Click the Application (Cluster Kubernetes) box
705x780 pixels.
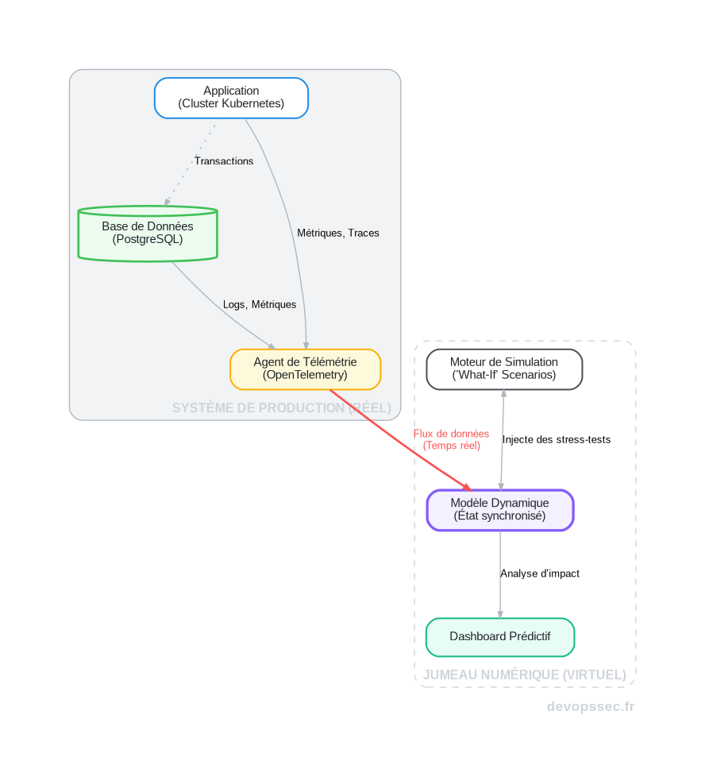(x=231, y=98)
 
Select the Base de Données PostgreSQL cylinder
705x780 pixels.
(x=148, y=234)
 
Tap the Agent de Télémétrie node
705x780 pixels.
(x=306, y=369)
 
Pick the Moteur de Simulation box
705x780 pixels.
(x=504, y=369)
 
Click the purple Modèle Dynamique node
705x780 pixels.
(x=499, y=509)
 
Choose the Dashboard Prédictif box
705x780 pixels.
(x=500, y=636)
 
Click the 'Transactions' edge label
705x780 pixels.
(x=224, y=161)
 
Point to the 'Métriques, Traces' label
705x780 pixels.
(x=338, y=234)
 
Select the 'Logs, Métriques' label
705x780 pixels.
(x=260, y=305)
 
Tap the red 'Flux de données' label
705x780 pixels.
(x=451, y=439)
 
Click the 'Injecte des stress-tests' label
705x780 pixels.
(x=557, y=440)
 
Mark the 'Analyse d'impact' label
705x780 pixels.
(x=540, y=573)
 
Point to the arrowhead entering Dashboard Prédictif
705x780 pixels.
(x=500, y=613)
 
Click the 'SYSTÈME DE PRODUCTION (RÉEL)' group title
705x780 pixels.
(x=282, y=408)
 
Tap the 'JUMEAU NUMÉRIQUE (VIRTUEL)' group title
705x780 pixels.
(x=525, y=675)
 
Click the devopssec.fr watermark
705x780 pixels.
(x=591, y=707)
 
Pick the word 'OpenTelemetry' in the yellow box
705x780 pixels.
(x=305, y=375)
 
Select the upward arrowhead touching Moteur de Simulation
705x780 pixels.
(x=503, y=394)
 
